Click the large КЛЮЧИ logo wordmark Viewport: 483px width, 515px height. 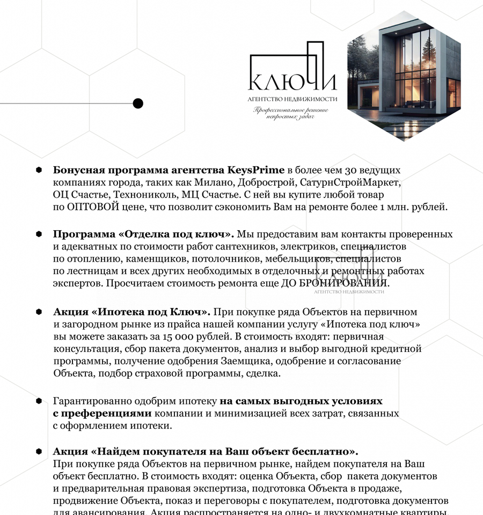coord(292,80)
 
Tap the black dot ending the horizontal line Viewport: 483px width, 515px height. coord(138,104)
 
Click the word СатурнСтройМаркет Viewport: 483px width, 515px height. coord(350,182)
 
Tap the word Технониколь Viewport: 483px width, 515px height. coord(145,194)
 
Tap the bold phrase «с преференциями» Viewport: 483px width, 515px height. coord(103,413)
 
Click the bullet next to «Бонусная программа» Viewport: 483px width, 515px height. coord(39,170)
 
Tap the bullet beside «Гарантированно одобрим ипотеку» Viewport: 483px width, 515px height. coord(39,401)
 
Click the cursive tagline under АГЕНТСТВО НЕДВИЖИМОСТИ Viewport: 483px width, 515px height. coord(292,113)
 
